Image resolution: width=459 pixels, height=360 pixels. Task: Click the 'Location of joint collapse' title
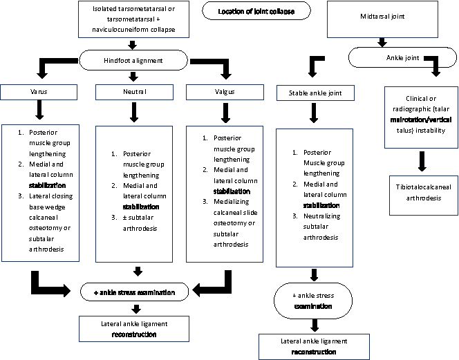tap(256, 11)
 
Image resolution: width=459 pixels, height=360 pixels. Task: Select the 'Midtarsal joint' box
tap(382, 19)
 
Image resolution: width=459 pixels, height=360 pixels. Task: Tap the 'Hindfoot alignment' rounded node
tap(133, 60)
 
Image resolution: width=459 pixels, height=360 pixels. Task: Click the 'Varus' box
tap(39, 92)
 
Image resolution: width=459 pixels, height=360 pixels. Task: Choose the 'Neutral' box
tap(134, 92)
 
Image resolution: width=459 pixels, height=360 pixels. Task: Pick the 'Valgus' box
tap(225, 92)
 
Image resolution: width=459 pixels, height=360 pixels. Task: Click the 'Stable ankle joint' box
tap(315, 93)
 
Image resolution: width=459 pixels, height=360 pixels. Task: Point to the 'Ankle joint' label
tap(402, 57)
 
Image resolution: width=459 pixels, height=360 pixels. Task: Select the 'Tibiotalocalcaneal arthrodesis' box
tap(424, 196)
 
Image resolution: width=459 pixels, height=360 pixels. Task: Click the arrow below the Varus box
tap(39, 110)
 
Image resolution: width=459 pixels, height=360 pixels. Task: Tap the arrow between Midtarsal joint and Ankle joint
tap(382, 42)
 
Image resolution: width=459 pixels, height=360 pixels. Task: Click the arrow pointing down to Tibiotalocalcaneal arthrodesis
tap(422, 161)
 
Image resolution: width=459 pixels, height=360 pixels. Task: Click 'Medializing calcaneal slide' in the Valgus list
tap(235, 207)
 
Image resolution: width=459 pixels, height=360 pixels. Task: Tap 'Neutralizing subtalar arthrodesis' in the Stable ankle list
tap(321, 227)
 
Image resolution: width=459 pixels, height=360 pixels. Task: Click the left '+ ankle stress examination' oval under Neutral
tap(134, 292)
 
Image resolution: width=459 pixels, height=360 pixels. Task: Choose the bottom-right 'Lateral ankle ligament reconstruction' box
tap(314, 347)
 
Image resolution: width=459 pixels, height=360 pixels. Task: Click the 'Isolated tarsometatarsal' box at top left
tap(133, 19)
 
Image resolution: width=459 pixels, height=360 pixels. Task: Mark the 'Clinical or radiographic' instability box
tap(421, 117)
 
